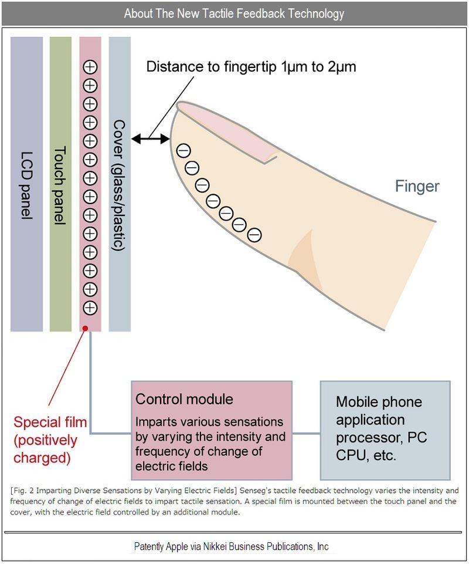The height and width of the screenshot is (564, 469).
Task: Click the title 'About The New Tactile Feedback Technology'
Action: coord(234,13)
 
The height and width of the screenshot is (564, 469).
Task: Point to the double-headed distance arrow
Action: coord(151,139)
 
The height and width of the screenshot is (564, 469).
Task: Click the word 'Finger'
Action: coord(417,187)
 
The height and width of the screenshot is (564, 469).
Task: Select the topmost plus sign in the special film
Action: coord(90,67)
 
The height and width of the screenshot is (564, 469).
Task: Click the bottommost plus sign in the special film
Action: coord(90,308)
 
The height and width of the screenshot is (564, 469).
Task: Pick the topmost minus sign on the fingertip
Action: coord(183,150)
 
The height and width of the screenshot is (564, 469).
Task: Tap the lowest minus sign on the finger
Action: coord(254,235)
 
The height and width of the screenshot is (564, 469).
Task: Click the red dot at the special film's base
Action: coord(87,329)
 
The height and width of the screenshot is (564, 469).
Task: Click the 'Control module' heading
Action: coord(184,400)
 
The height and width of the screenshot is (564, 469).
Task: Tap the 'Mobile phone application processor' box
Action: coord(385,430)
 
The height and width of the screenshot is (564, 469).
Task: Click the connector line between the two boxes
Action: coord(306,434)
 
